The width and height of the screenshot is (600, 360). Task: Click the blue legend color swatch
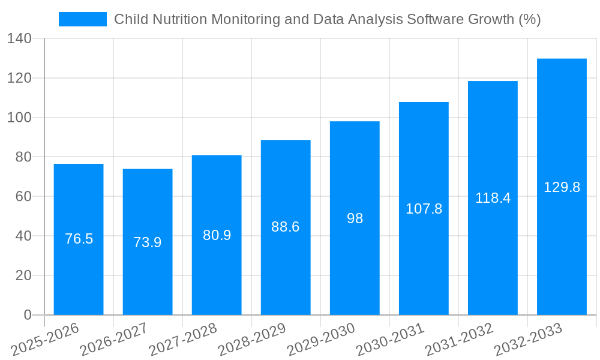click(x=82, y=19)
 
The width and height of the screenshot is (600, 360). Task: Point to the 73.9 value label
click(x=148, y=242)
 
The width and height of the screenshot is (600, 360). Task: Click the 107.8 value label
click(x=424, y=209)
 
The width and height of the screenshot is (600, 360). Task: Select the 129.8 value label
click(x=562, y=187)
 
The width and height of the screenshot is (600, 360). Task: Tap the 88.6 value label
click(x=286, y=227)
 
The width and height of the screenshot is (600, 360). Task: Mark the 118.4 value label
click(x=493, y=198)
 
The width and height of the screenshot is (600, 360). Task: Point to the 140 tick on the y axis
click(x=20, y=39)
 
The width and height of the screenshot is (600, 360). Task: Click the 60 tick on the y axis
click(x=23, y=196)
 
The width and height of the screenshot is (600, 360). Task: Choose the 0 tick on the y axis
click(x=27, y=315)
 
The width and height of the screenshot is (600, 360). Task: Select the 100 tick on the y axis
click(x=20, y=118)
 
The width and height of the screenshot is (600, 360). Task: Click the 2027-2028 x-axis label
click(x=183, y=340)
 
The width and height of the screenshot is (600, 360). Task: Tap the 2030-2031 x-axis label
click(x=390, y=340)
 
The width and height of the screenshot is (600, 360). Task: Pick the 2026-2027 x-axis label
click(x=114, y=340)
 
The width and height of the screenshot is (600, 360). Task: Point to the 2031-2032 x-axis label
click(x=459, y=340)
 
